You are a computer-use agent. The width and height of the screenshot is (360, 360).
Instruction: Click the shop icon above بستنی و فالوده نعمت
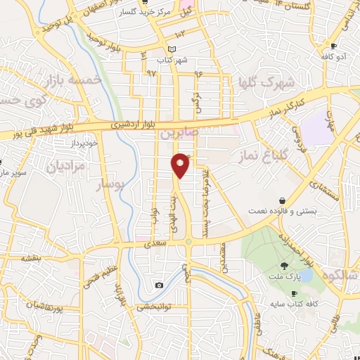click(x=282, y=200)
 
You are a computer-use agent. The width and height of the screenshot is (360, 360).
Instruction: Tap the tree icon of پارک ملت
click(x=284, y=265)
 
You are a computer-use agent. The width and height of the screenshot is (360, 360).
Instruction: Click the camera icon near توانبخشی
click(x=160, y=285)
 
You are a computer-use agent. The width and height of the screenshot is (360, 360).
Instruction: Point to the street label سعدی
click(x=153, y=245)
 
